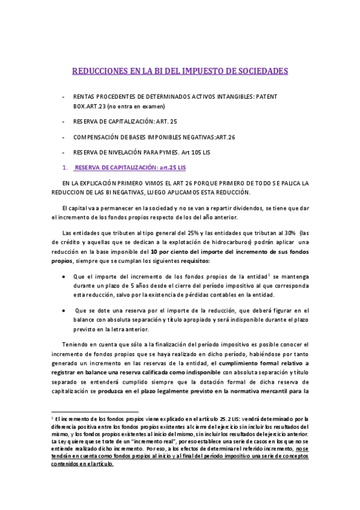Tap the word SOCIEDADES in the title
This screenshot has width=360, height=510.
260,71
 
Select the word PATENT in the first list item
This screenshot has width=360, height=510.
264,96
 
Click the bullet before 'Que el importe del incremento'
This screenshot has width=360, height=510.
65,276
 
